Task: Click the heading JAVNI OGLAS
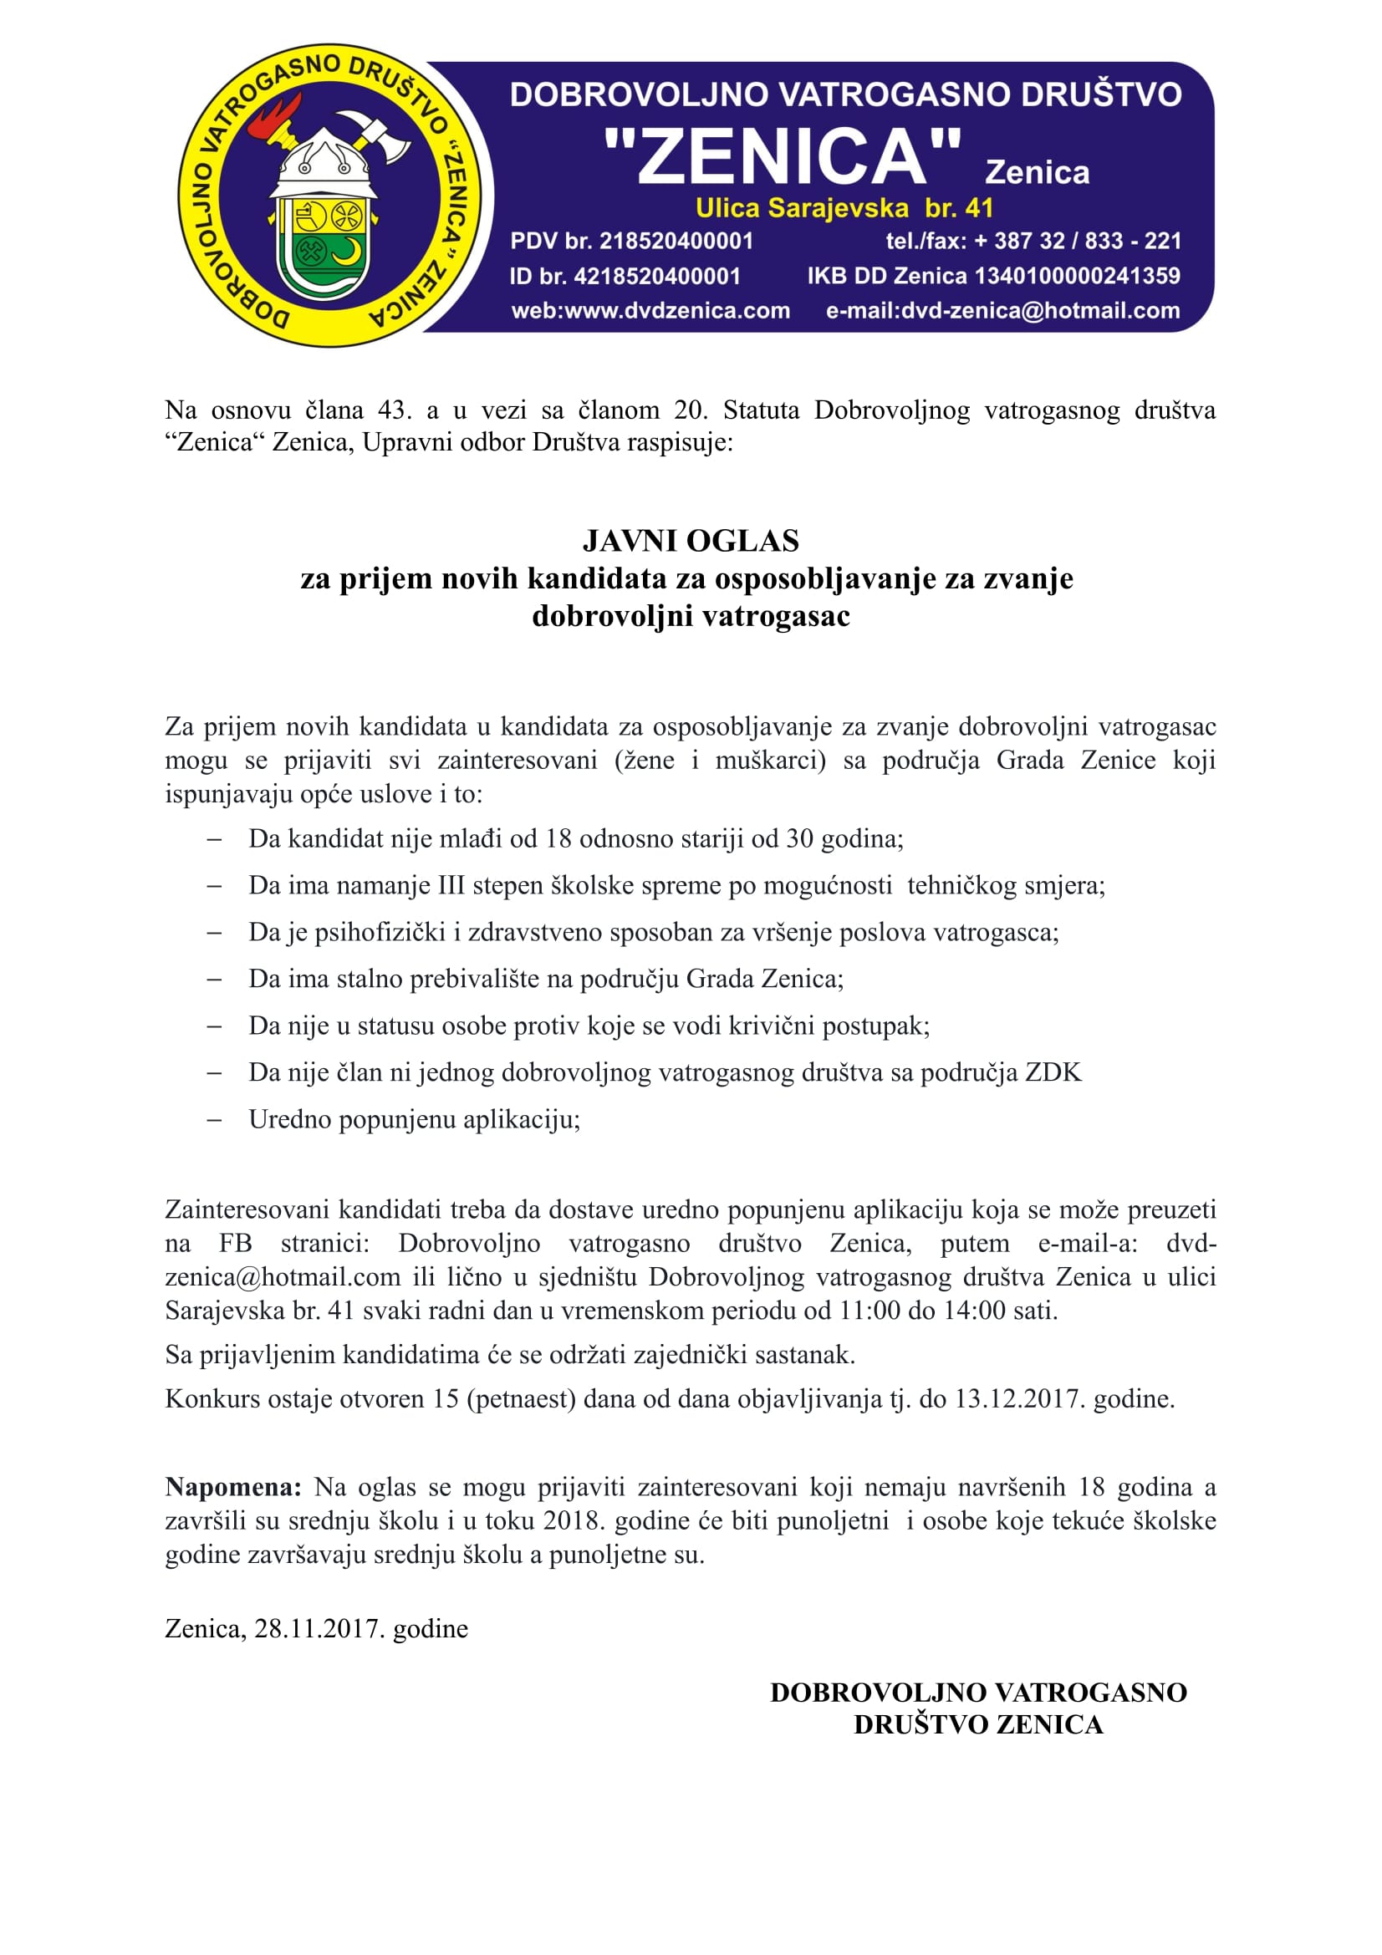(691, 542)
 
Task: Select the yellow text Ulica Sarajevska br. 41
(844, 208)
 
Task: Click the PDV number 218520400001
(676, 241)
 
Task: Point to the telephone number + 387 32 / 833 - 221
(1077, 241)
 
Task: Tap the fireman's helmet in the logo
(324, 166)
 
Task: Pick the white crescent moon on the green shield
(347, 252)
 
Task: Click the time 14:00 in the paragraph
(974, 1311)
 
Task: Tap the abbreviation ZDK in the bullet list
(1053, 1072)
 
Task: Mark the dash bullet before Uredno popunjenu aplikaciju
(215, 1120)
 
